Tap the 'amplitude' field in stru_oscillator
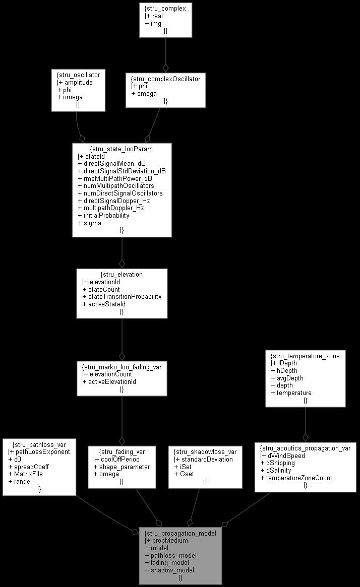pyautogui.click(x=78, y=82)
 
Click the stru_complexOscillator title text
pyautogui.click(x=165, y=79)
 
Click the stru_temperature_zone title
pyautogui.click(x=305, y=356)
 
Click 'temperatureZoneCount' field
pyautogui.click(x=299, y=478)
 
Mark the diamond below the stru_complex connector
pyautogui.click(x=165, y=67)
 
